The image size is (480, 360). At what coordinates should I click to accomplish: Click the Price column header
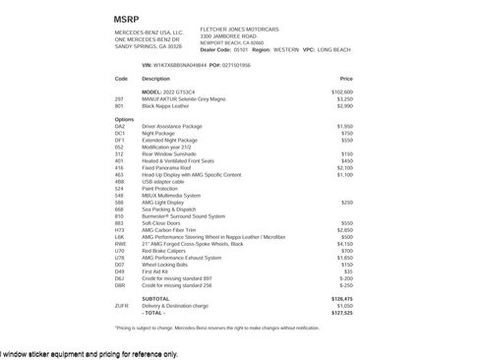click(346, 78)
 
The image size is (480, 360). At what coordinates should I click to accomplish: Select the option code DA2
click(120, 127)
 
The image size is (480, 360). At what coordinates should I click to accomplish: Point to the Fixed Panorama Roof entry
click(170, 167)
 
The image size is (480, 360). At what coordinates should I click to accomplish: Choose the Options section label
click(123, 119)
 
